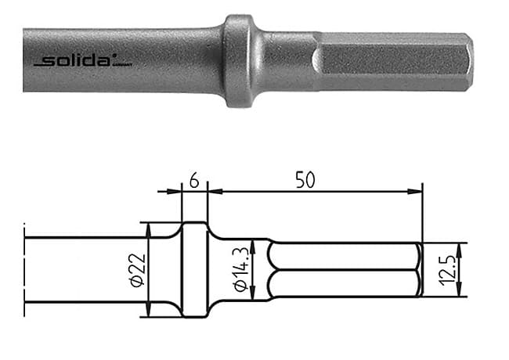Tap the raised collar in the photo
coord(240,60)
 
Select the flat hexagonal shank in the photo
coord(392,60)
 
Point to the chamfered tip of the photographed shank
coord(467,60)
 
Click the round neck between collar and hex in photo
coord(287,60)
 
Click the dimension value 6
coord(194,181)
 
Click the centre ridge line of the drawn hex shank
coord(345,270)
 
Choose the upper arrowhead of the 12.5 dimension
coord(460,247)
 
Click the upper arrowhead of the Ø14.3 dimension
coord(251,245)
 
